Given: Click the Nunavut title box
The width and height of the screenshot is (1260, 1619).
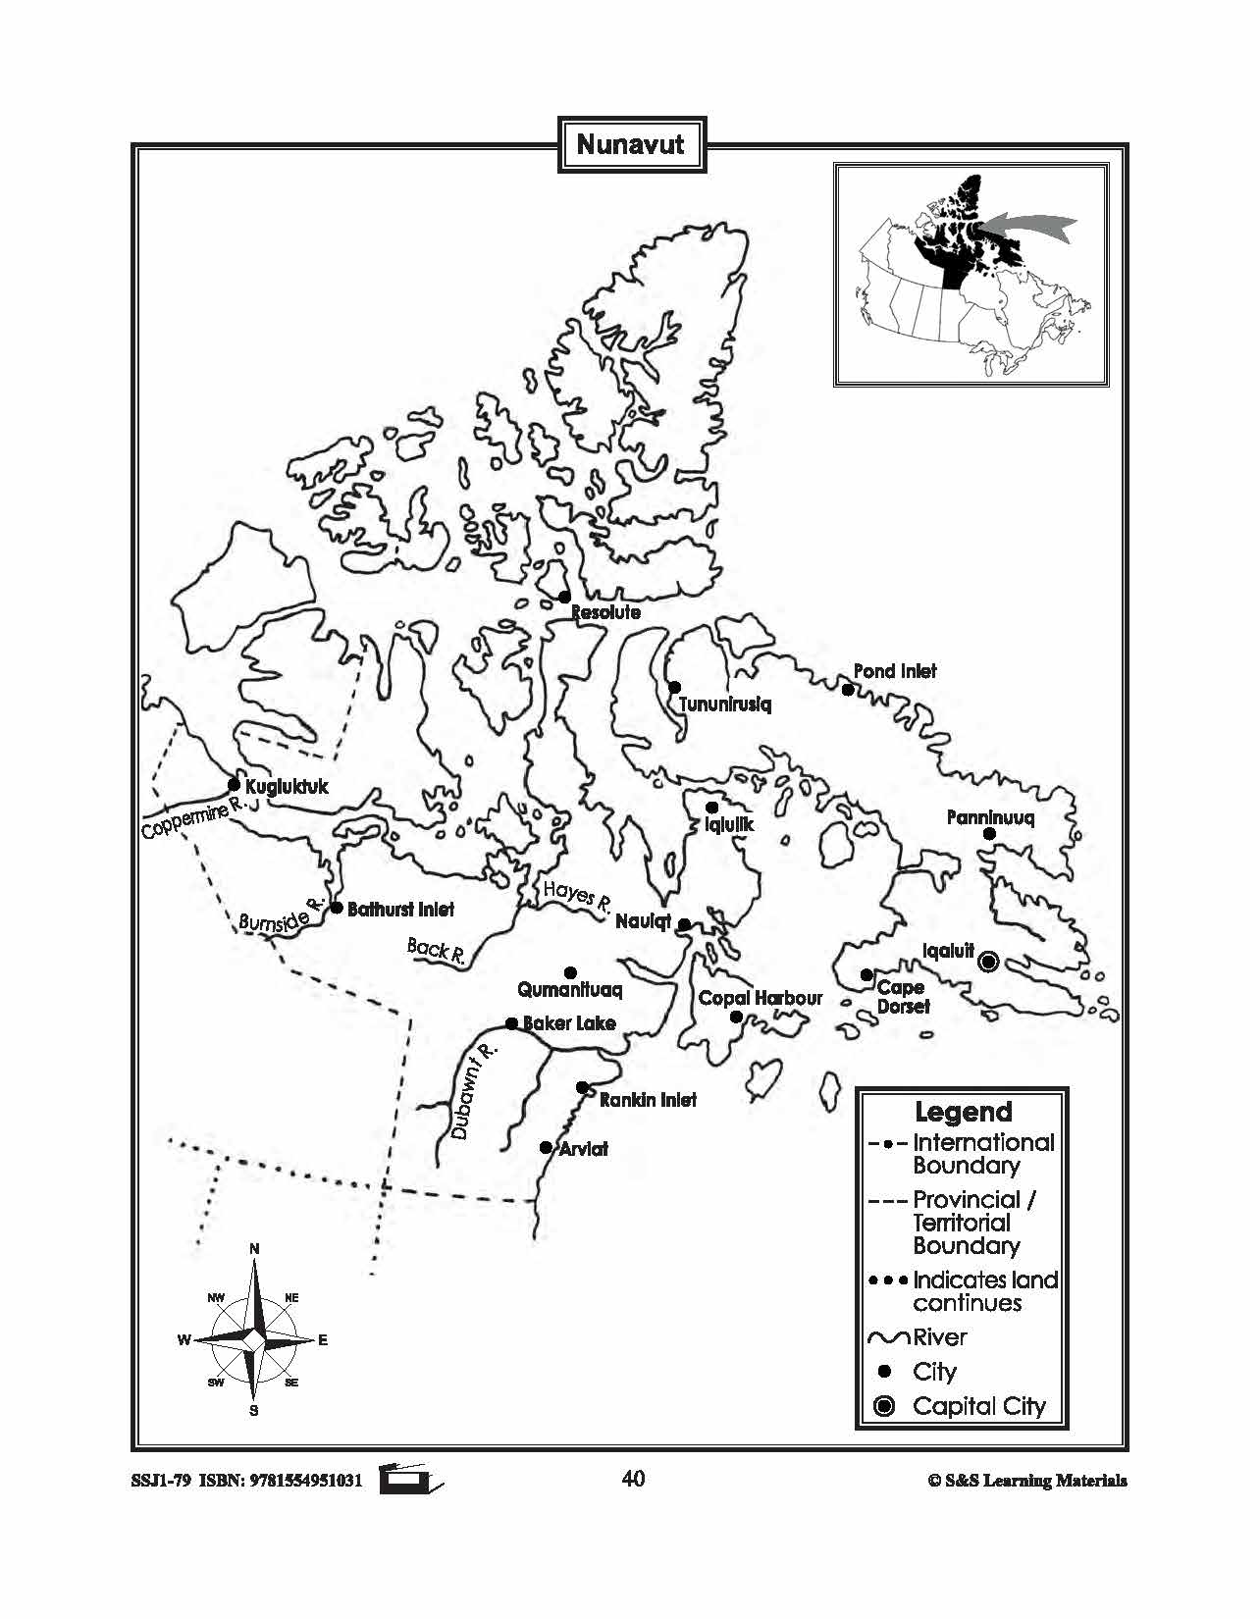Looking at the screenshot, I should (x=630, y=145).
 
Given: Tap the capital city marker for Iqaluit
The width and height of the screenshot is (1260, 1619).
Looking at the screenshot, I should (x=989, y=962).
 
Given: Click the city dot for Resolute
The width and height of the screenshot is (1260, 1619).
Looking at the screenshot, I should (x=564, y=597).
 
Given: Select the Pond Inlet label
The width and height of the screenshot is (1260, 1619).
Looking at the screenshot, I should (x=894, y=671).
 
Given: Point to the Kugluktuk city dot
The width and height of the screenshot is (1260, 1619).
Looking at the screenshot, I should (x=234, y=784).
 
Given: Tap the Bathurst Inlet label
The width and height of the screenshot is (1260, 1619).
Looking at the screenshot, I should (x=400, y=910).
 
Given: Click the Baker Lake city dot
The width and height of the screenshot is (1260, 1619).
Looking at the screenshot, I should (x=511, y=1023).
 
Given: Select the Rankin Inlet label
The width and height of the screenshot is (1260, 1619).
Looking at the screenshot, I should (x=648, y=1100).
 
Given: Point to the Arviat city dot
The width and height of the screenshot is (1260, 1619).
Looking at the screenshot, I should (x=546, y=1147).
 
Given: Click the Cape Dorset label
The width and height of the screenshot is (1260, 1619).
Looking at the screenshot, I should (x=902, y=996).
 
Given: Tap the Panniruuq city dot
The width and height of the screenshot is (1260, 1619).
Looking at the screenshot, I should (x=989, y=834).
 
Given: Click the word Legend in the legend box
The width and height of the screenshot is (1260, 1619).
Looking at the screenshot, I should (x=963, y=1112).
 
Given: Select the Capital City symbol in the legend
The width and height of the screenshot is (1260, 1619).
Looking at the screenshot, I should (x=884, y=1406).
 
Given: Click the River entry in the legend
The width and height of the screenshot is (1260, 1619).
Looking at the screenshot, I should (x=939, y=1336).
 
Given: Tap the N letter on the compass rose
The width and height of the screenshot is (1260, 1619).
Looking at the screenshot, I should (x=254, y=1248).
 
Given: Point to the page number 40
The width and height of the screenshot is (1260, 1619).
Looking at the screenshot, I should (x=633, y=1479).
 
